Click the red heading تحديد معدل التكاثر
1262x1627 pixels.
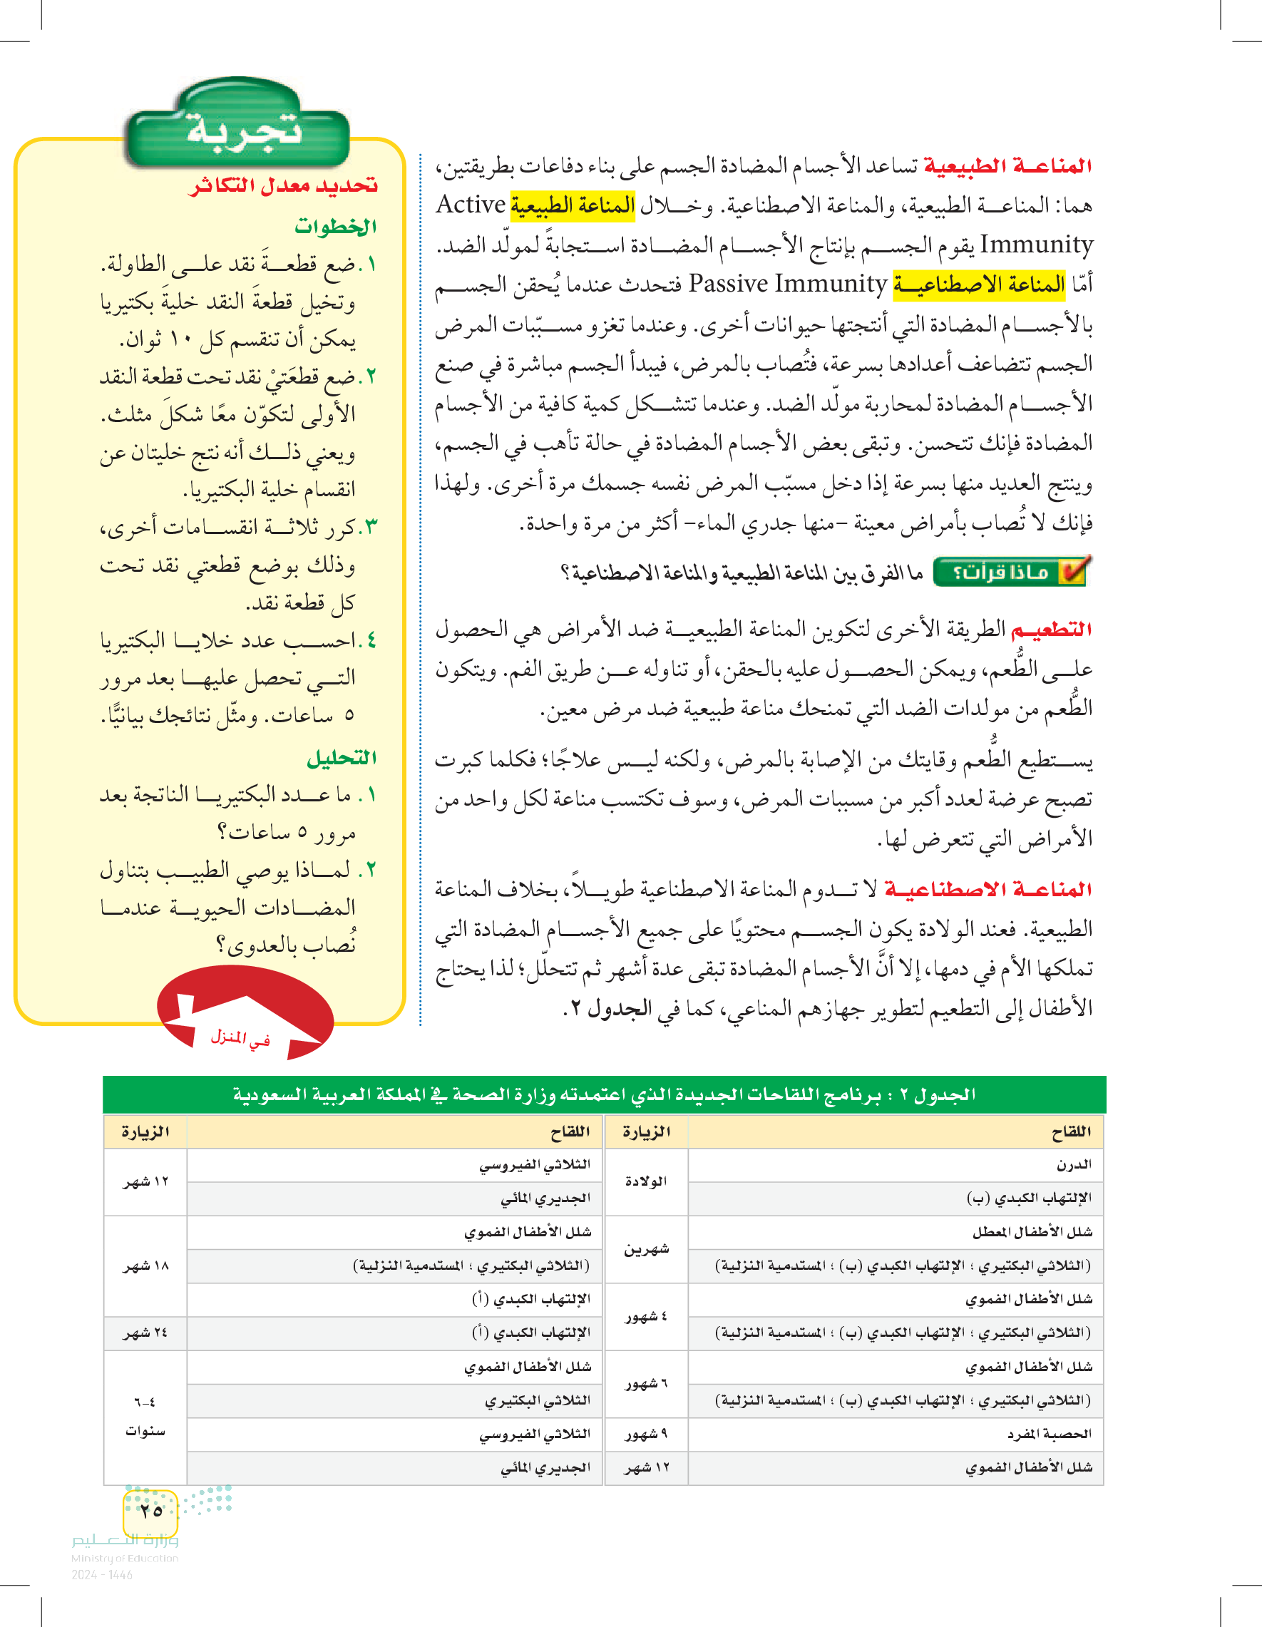[283, 185]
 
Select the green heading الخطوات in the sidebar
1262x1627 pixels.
[335, 226]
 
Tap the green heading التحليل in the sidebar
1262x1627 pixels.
[342, 758]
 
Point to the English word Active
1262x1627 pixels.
[470, 204]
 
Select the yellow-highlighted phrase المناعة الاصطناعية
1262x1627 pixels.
[979, 284]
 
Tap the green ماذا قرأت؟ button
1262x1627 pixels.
[1010, 571]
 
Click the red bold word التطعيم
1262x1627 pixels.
[1050, 630]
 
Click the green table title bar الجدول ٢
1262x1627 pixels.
[603, 1094]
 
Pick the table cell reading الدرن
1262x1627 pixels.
[1074, 1164]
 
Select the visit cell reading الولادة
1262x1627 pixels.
[645, 1181]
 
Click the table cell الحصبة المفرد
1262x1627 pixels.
[1049, 1433]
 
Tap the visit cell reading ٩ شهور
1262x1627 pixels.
[645, 1433]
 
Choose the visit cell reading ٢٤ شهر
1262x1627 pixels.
[145, 1333]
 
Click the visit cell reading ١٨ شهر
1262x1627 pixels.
[145, 1266]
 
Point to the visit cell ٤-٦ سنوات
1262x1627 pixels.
[145, 1416]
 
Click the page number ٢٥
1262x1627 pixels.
[150, 1510]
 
